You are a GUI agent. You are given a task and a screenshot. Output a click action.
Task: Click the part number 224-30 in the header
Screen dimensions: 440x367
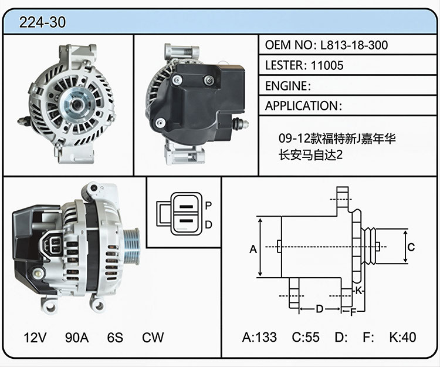42,22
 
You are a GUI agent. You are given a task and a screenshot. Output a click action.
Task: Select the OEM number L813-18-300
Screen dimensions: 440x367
354,45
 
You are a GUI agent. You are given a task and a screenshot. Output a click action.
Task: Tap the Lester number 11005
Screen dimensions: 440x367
327,65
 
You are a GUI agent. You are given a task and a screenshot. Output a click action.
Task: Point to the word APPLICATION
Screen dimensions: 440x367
302,106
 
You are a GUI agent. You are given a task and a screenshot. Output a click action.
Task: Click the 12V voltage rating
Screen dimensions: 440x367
35,337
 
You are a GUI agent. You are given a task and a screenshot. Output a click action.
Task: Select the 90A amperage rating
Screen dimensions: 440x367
77,337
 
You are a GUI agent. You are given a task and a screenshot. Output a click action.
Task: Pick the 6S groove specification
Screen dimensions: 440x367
115,337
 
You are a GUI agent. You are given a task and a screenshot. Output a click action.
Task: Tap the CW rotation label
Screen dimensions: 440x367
153,337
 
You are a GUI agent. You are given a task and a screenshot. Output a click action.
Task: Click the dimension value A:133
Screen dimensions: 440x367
259,337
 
